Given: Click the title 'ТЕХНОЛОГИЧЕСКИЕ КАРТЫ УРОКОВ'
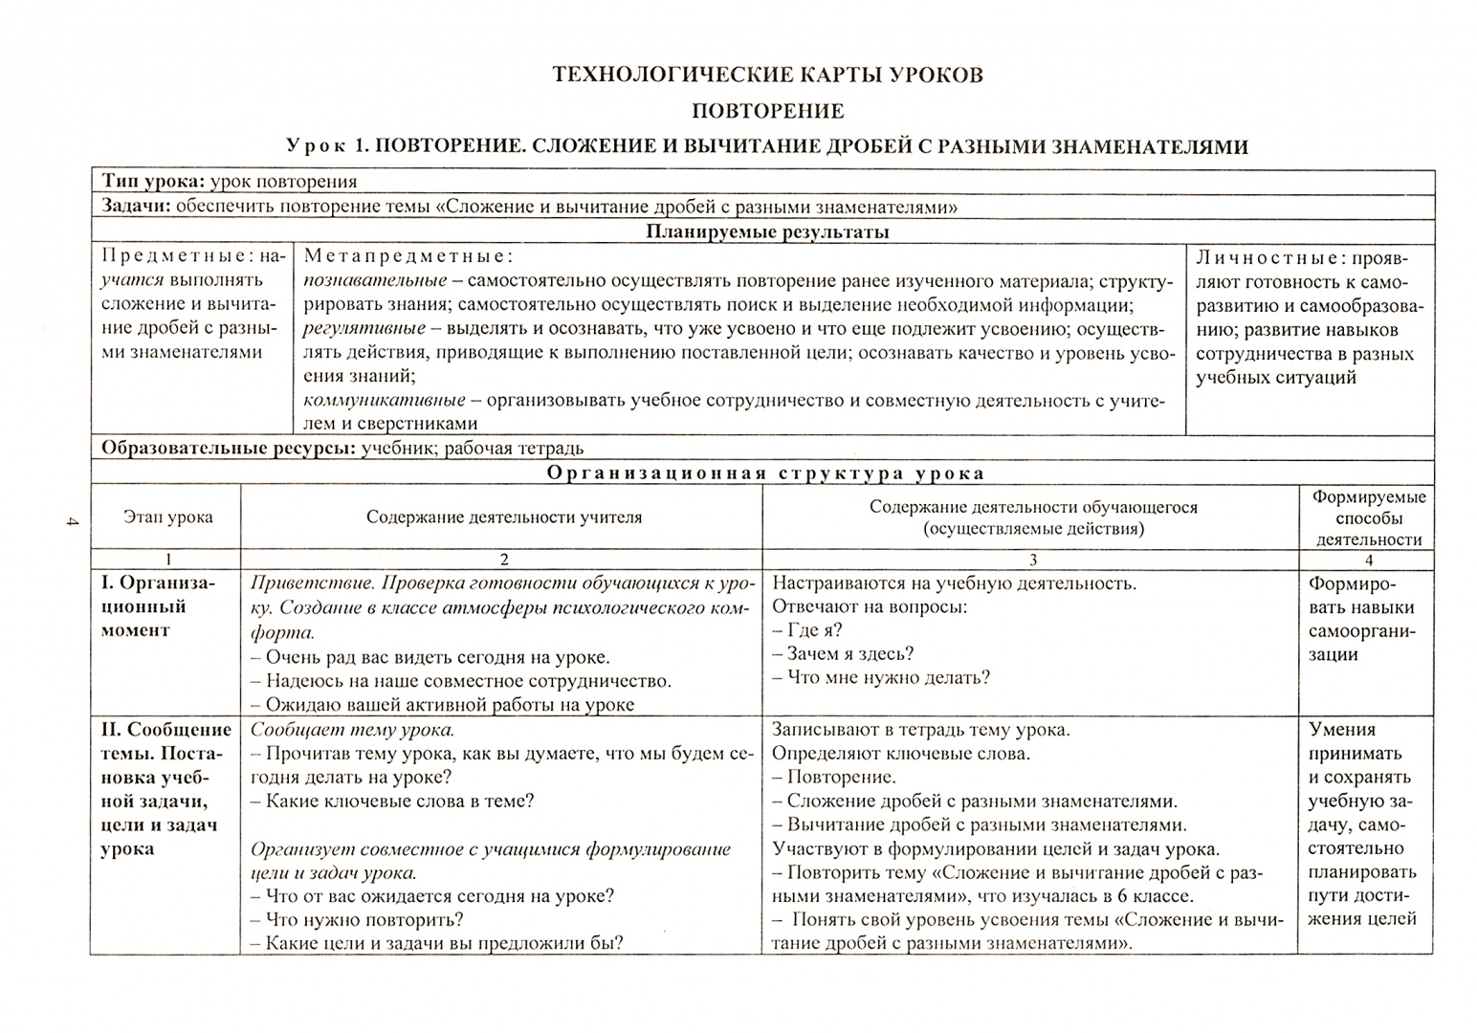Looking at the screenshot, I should tap(767, 76).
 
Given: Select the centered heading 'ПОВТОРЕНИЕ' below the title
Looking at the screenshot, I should tap(767, 111).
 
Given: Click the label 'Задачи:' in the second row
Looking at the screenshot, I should tap(136, 207).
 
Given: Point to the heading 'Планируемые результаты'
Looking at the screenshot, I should tap(767, 231).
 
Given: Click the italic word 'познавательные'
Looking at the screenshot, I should tap(375, 281).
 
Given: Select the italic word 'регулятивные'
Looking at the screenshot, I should tap(364, 329).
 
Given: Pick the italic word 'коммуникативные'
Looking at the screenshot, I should tap(385, 401).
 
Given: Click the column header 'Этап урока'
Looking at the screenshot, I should tap(167, 517).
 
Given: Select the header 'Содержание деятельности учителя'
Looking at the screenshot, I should tap(504, 517).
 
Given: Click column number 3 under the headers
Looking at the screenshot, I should tap(1032, 560).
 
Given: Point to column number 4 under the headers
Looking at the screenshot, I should tap(1368, 560).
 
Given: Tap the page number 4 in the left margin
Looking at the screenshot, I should tap(71, 521).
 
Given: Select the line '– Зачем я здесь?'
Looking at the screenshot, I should tap(843, 654).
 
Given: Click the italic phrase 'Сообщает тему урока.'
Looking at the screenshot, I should tap(352, 730).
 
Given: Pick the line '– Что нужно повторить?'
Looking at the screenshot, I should tap(357, 920).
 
